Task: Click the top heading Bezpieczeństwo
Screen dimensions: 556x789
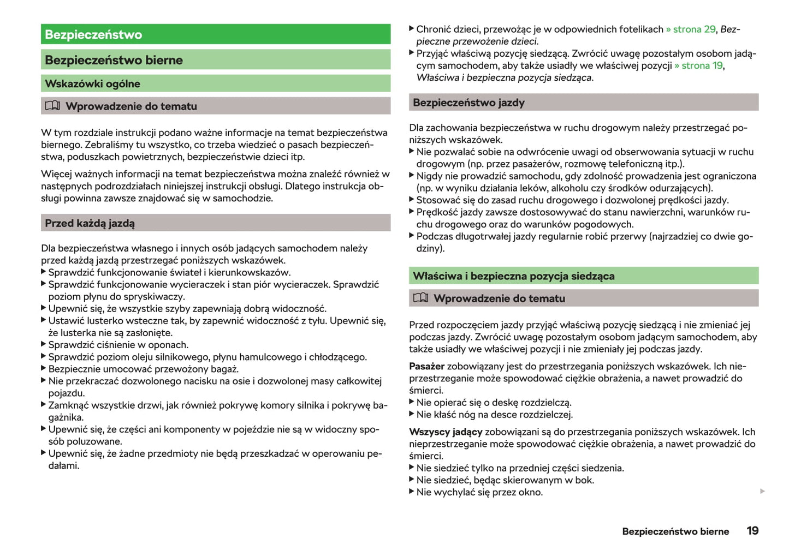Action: (93, 34)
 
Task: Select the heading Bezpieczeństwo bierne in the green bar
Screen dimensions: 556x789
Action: (114, 60)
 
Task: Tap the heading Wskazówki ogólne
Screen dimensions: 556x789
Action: (92, 83)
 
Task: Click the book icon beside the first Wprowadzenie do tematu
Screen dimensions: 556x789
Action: (52, 105)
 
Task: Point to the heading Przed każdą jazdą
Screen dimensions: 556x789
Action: (90, 223)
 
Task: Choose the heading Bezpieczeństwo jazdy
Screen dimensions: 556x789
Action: (468, 103)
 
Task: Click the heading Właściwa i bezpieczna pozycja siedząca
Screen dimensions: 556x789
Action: (513, 276)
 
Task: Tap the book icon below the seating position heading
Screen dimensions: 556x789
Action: (420, 298)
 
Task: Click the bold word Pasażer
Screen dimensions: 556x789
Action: (426, 367)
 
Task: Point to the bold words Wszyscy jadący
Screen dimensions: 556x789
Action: (446, 432)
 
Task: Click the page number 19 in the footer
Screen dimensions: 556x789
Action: (752, 531)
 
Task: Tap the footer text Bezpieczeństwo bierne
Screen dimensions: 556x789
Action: (675, 531)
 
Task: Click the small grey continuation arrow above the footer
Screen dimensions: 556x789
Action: (762, 492)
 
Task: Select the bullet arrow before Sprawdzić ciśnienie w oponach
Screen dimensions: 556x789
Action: (44, 344)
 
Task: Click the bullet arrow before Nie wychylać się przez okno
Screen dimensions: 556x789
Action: (412, 492)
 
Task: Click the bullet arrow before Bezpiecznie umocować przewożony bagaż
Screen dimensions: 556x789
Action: (44, 368)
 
